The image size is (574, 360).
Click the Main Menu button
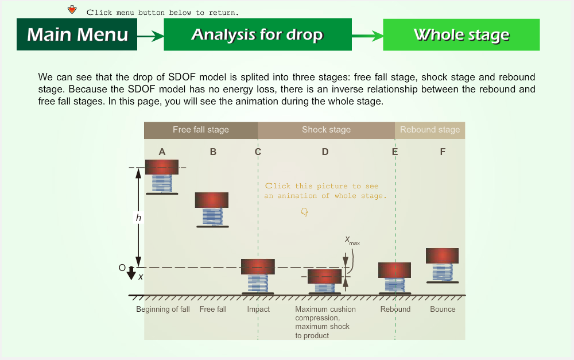click(77, 34)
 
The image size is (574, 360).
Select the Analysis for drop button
click(258, 34)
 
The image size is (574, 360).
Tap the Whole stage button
click(461, 35)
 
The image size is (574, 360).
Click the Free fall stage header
click(200, 130)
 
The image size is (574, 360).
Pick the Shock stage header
click(326, 130)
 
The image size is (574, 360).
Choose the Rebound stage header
click(430, 130)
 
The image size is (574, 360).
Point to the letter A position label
click(162, 152)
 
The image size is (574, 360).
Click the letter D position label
click(325, 152)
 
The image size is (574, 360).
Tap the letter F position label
click(443, 152)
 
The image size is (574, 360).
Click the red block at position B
click(212, 200)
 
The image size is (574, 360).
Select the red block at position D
click(324, 277)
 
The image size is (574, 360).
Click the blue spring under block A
click(162, 184)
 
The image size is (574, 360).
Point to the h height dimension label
click(138, 218)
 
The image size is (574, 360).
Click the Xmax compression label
click(352, 240)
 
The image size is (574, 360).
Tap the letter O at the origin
click(122, 268)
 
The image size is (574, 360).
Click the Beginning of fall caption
click(163, 309)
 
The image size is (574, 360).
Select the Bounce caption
click(443, 309)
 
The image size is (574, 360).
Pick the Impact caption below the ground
click(258, 309)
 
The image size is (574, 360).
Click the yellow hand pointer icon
click(305, 212)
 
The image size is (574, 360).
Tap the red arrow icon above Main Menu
click(72, 10)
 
